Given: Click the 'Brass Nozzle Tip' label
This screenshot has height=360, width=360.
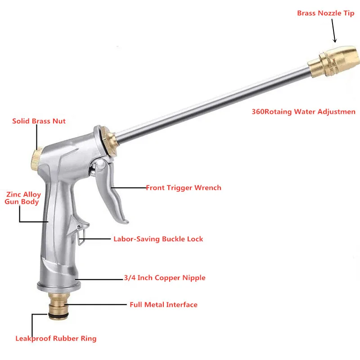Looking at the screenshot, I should pos(325,13).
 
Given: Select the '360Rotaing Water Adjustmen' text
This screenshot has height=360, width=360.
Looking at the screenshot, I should pos(303,112).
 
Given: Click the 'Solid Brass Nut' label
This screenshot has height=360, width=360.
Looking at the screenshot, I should pos(39,121).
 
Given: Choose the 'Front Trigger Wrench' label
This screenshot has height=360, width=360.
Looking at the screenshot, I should pos(184,188).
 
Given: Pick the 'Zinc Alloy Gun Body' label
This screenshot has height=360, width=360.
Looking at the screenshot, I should pos(23,198).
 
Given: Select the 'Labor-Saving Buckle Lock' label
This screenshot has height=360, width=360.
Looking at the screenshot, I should pos(158,239).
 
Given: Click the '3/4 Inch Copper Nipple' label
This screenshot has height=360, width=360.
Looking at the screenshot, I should pos(164,278).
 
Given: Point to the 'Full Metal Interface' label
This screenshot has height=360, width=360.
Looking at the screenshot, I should pos(163,305).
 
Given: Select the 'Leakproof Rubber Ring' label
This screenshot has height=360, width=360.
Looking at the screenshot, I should pos(56,338).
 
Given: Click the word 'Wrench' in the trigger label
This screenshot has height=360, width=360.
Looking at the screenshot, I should pos(207,188).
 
